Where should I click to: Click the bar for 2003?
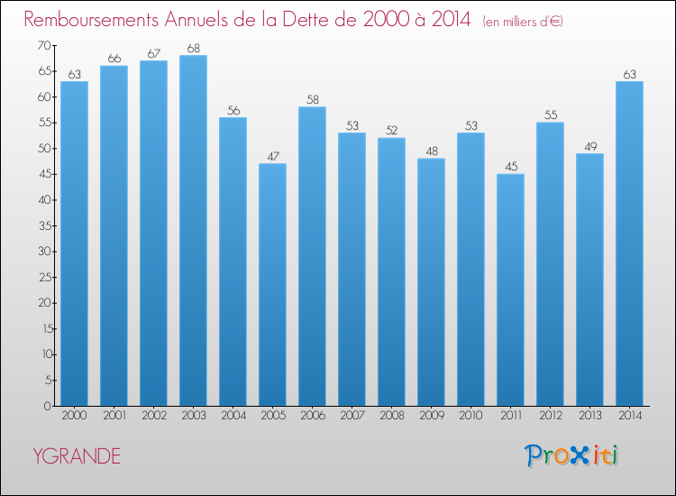(193, 231)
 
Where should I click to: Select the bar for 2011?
(510, 289)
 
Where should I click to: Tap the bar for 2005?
(272, 285)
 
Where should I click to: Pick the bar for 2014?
(629, 243)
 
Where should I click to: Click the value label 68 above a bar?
(194, 49)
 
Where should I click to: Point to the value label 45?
(511, 167)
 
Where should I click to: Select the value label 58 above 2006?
(313, 99)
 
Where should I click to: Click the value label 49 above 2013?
(590, 147)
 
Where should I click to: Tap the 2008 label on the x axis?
(392, 416)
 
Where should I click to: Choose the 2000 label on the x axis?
(74, 416)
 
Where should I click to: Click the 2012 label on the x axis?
(551, 416)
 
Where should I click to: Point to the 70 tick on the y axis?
(44, 45)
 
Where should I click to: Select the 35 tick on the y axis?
(44, 225)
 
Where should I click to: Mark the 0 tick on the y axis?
(48, 406)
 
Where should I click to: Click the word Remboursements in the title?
(91, 20)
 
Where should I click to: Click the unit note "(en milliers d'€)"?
(523, 21)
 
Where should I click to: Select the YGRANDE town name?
(77, 456)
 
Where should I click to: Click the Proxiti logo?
(571, 455)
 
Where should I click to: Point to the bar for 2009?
(431, 282)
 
